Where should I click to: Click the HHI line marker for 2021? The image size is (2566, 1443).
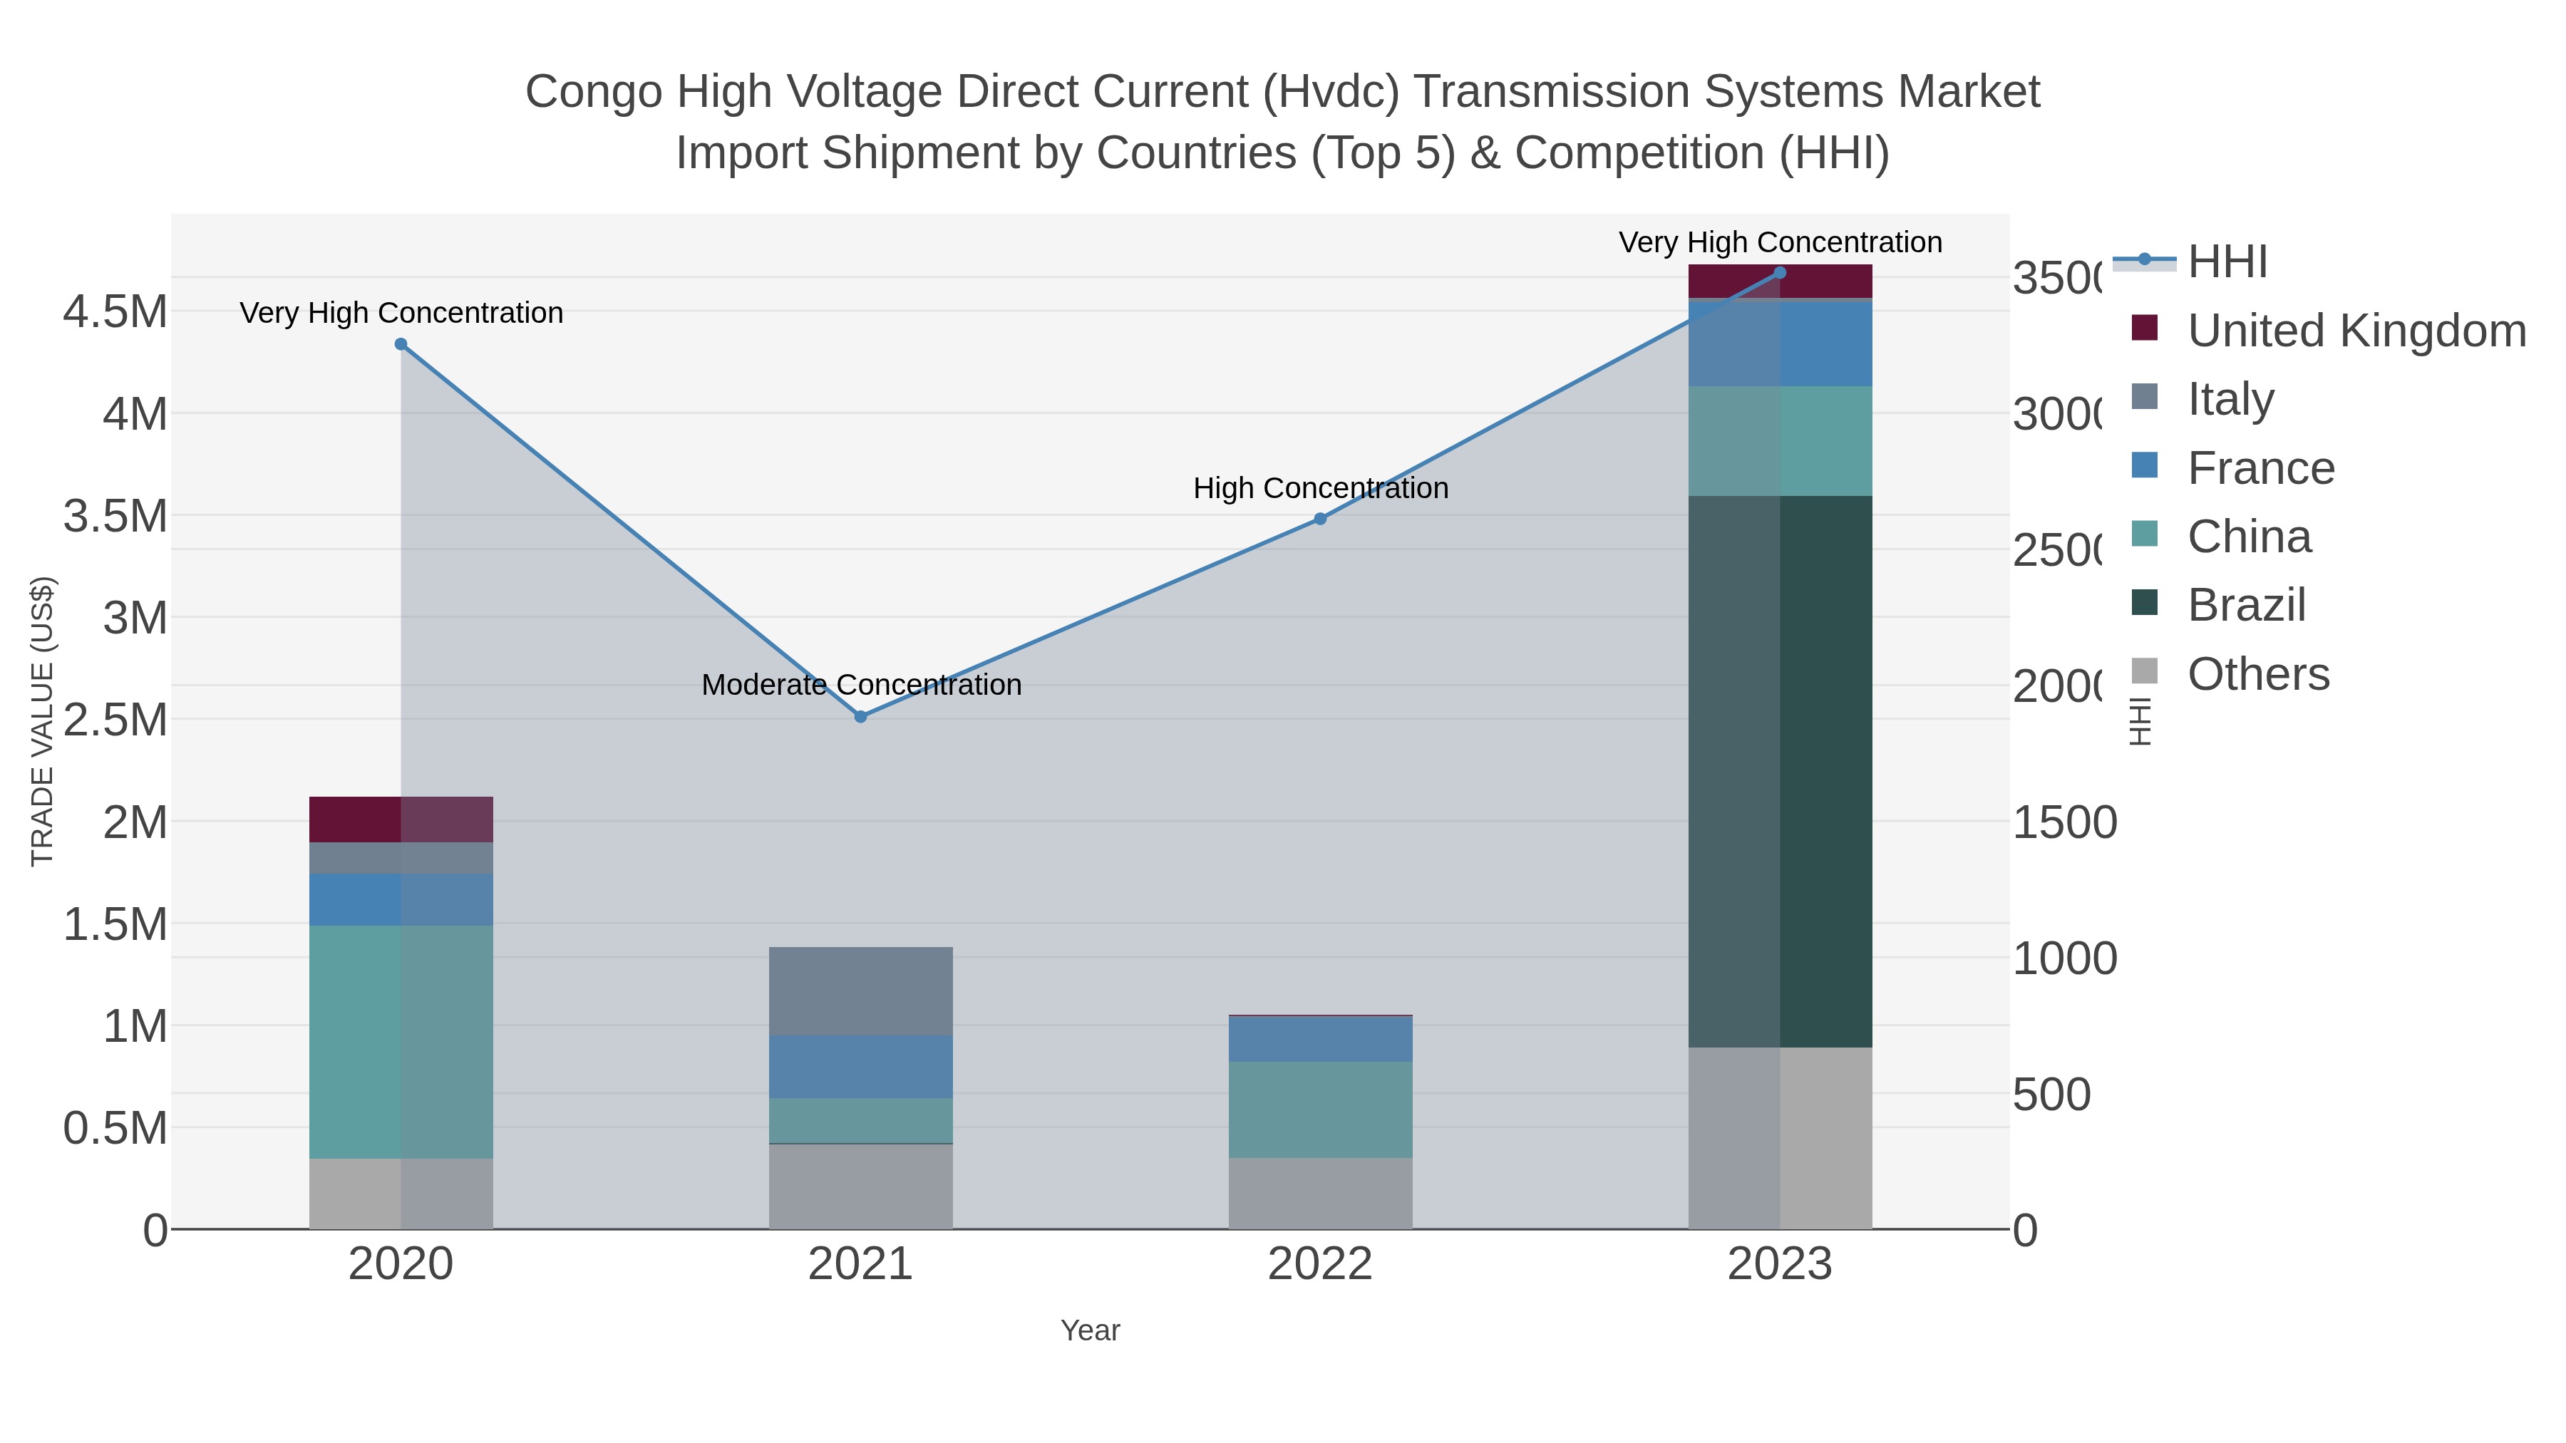[x=860, y=716]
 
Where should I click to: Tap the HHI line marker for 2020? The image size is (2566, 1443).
[x=401, y=343]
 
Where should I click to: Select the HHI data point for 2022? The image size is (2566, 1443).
[x=1320, y=518]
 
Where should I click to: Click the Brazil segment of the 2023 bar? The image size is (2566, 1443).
[x=1780, y=771]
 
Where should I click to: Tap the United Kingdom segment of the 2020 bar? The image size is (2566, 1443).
[x=401, y=819]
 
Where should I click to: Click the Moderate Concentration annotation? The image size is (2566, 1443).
[x=860, y=684]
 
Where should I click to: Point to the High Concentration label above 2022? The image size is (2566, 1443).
[x=1320, y=488]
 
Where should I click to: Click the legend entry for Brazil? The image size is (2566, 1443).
[x=2245, y=604]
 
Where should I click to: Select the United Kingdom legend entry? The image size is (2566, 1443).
[x=2356, y=330]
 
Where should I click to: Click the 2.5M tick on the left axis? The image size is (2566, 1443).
[x=115, y=719]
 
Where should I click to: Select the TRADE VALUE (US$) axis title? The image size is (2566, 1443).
[x=42, y=721]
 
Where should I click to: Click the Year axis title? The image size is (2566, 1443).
[x=1090, y=1330]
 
